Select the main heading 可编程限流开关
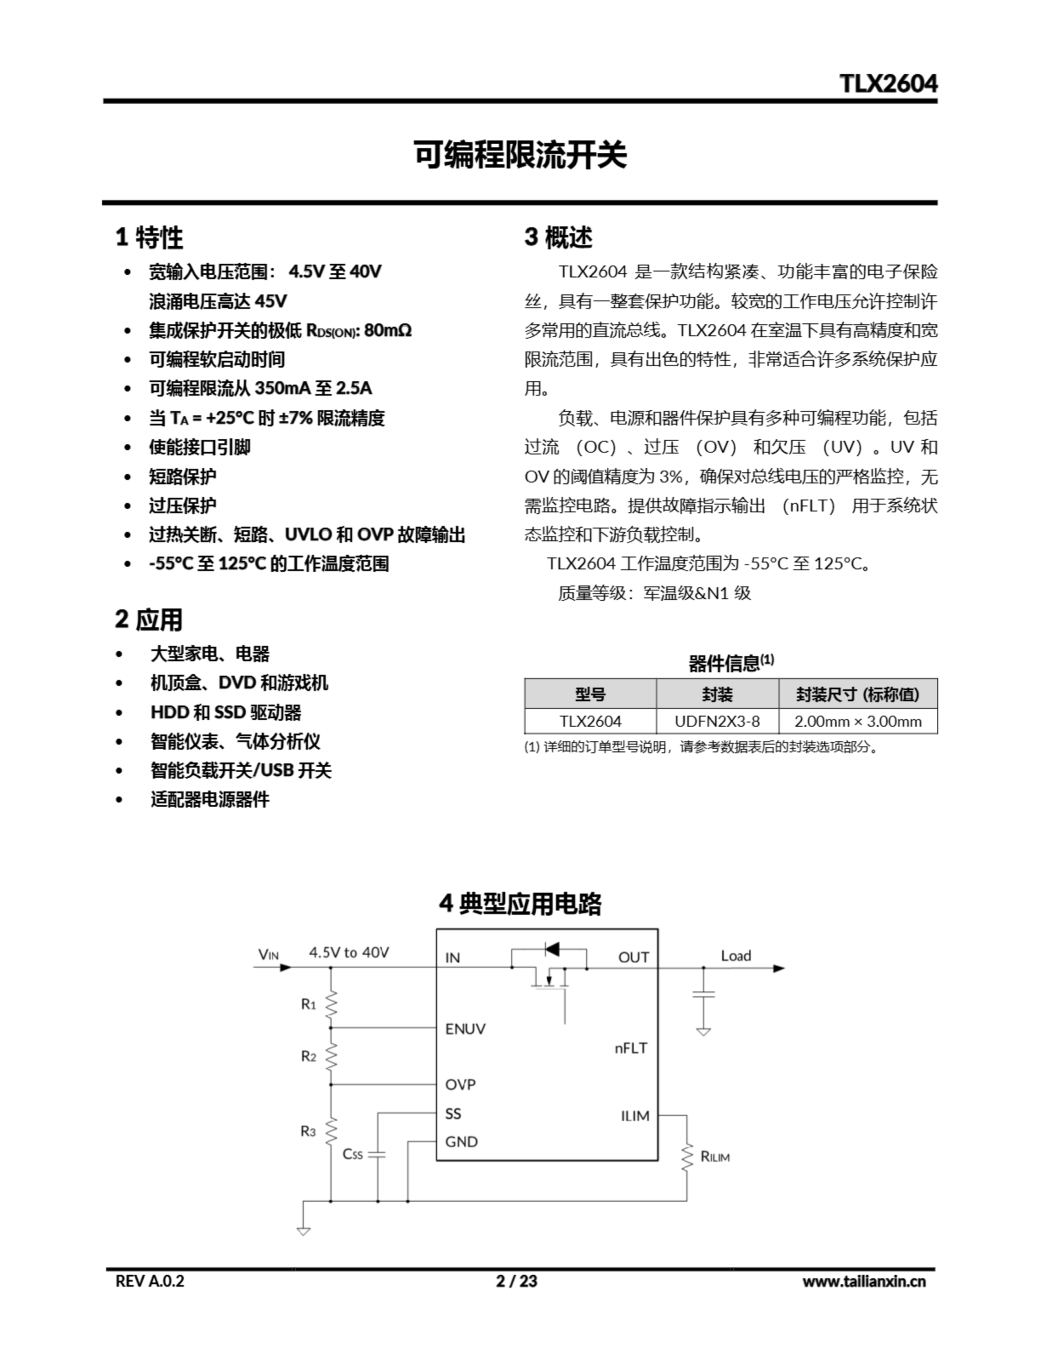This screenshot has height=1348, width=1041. [519, 154]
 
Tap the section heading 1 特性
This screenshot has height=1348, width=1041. [149, 237]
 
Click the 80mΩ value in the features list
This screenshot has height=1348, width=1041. [387, 330]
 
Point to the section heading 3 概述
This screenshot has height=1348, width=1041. [558, 237]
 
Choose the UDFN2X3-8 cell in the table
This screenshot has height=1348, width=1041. [716, 721]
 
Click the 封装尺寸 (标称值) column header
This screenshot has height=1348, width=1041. [857, 695]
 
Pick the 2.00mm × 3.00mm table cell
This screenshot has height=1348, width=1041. [857, 721]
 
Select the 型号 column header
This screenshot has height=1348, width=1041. [590, 695]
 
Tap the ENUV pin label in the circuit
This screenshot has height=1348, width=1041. [465, 1029]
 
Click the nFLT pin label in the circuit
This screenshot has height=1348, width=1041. [630, 1048]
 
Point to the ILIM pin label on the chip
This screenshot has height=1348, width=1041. [635, 1116]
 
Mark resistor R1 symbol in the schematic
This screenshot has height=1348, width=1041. [332, 1004]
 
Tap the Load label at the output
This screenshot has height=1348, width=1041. [736, 956]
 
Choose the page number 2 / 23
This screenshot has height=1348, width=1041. [516, 1281]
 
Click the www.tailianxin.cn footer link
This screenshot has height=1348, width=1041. [863, 1281]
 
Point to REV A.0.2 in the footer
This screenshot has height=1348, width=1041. [149, 1281]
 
